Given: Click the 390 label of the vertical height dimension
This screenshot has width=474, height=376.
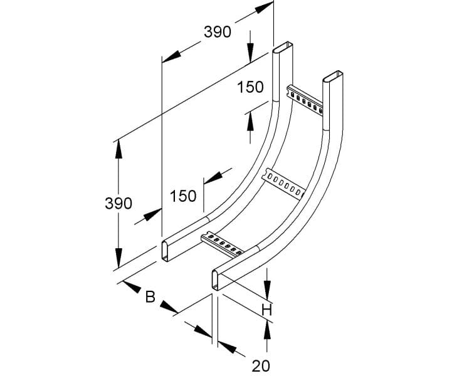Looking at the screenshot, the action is (x=118, y=203).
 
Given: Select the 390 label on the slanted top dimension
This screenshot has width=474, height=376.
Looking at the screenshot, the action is (x=218, y=32).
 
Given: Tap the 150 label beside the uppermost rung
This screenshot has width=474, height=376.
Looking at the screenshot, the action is (x=250, y=87).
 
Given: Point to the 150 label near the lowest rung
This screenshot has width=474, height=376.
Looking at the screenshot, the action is (x=183, y=196).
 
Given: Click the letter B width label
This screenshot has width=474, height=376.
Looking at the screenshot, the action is (x=150, y=297).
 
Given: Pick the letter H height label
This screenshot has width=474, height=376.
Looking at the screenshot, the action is (x=267, y=310).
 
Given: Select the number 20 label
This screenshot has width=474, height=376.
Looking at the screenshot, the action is (x=261, y=366).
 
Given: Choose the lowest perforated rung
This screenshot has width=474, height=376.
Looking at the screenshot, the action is (x=222, y=244).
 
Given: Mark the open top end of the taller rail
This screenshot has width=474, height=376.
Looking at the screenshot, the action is (x=283, y=48).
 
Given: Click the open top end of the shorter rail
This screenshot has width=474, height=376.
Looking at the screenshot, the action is (x=333, y=77).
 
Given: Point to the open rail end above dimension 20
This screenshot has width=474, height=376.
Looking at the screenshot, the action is (x=216, y=280).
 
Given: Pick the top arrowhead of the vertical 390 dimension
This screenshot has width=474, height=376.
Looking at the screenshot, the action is (x=118, y=150).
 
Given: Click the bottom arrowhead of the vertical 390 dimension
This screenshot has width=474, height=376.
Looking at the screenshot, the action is (x=118, y=258).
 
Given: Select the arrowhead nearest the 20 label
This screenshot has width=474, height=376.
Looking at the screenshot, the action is (x=228, y=347).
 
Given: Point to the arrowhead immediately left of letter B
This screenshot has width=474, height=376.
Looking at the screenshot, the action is (x=132, y=287).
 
